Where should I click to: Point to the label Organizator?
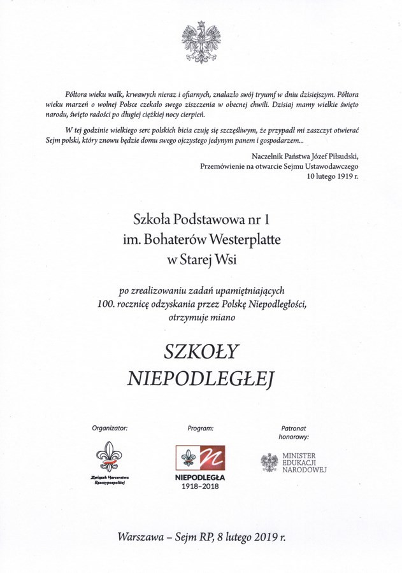[x=110, y=428]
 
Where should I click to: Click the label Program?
[x=200, y=428]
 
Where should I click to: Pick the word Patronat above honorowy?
[x=294, y=428]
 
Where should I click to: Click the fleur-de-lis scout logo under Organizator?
[x=110, y=458]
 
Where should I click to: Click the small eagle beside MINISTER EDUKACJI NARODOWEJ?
[x=269, y=463]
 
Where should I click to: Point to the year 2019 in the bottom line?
[x=264, y=537]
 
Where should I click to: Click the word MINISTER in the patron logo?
[x=298, y=456]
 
